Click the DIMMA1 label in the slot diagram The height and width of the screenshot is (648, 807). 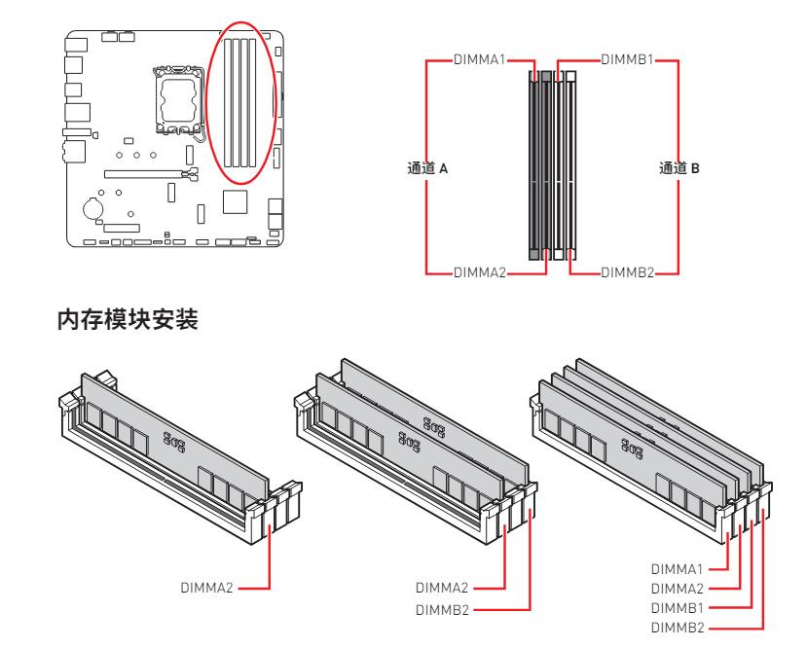pyautogui.click(x=480, y=60)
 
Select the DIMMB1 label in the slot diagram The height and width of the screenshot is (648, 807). pyautogui.click(x=629, y=60)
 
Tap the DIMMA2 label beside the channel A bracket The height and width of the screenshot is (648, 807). pyautogui.click(x=480, y=271)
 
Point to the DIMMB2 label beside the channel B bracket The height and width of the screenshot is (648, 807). pyautogui.click(x=629, y=271)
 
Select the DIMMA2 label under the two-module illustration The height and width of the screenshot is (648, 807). pyautogui.click(x=444, y=588)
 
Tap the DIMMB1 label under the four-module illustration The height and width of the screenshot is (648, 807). pyautogui.click(x=679, y=600)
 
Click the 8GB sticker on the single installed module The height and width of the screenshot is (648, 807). pyautogui.click(x=173, y=438)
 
